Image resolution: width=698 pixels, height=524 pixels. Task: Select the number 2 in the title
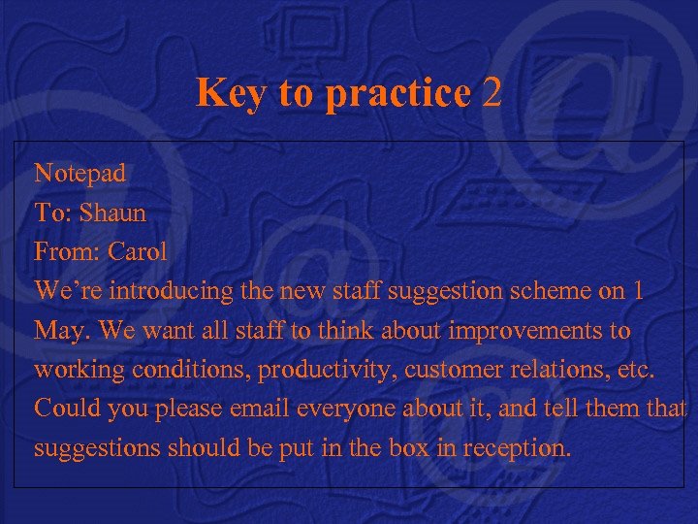[492, 93]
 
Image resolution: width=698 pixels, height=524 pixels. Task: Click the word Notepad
[80, 174]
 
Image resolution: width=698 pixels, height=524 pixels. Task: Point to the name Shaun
[112, 213]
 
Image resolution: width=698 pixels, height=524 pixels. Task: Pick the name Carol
[138, 251]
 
